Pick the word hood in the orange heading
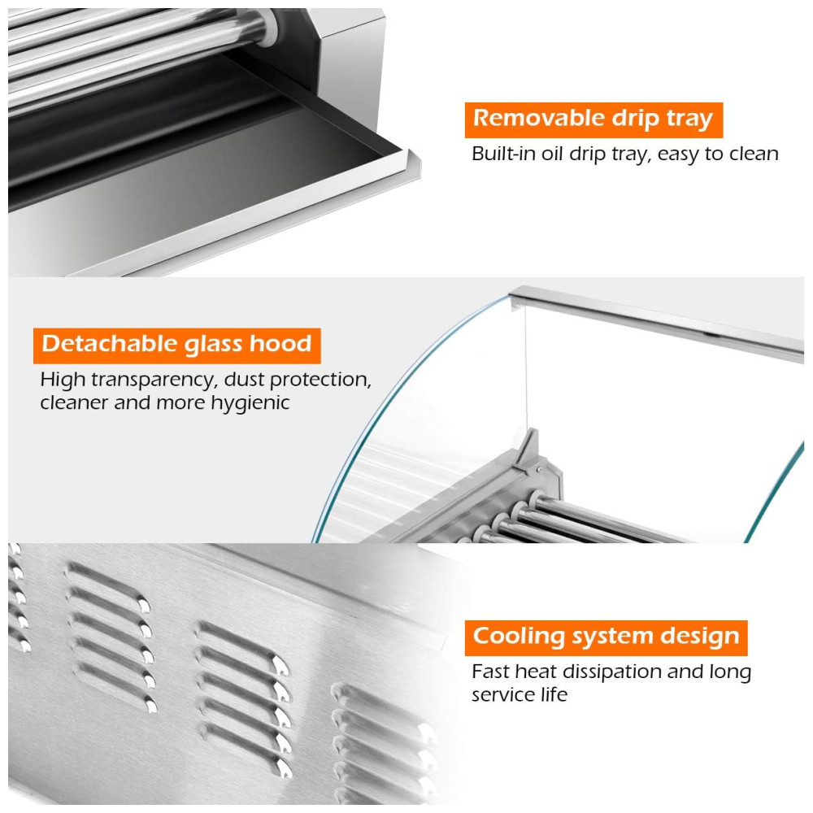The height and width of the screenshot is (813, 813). tap(280, 344)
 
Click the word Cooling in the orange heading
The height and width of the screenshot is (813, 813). tap(519, 637)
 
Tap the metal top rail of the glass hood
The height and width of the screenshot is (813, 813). tap(656, 320)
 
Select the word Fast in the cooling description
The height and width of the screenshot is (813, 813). tap(490, 672)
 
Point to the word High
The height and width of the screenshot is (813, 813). tap(63, 380)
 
